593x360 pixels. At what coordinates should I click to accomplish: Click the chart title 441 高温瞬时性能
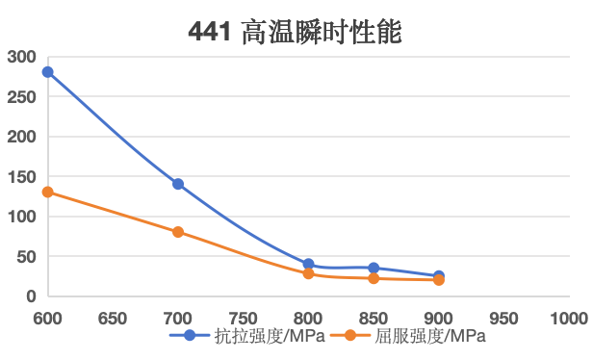point(294,33)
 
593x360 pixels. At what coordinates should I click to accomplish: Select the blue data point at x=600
point(47,72)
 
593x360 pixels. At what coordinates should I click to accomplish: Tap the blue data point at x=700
point(178,184)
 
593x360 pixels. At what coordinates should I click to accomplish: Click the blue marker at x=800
point(308,264)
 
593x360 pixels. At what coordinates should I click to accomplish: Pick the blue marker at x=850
point(374,268)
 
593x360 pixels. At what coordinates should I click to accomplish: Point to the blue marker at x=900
point(439,276)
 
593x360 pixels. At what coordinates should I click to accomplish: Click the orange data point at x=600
point(47,192)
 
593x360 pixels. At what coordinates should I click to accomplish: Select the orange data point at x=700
point(178,232)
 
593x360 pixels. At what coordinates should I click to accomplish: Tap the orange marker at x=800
point(308,273)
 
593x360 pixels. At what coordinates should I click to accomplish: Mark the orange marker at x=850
point(374,278)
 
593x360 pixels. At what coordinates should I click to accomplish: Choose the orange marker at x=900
point(439,280)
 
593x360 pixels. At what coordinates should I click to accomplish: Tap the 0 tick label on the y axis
point(30,296)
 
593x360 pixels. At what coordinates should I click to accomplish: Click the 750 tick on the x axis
point(243,317)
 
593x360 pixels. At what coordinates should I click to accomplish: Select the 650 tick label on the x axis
point(113,317)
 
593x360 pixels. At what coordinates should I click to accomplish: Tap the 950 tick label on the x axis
point(503,317)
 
